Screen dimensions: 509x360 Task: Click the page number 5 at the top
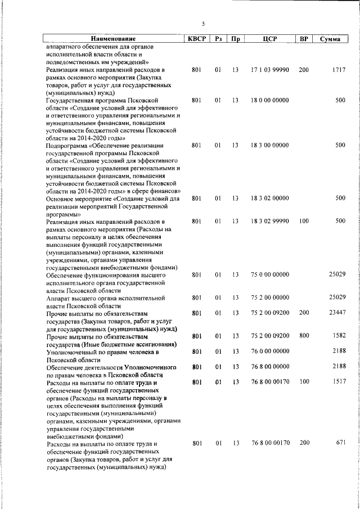point(203,23)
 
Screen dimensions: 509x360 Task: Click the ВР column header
point(304,39)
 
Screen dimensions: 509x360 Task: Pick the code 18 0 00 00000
point(269,100)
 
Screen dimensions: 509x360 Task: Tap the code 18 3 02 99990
point(269,221)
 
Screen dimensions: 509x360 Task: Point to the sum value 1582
point(338,336)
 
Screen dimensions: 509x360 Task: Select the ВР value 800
point(304,336)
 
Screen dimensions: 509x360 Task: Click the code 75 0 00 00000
point(269,274)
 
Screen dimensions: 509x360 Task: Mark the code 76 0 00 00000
point(269,352)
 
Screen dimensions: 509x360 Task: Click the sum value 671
point(340,443)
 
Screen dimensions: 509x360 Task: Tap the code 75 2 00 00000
point(269,297)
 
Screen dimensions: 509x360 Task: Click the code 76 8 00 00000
point(269,367)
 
